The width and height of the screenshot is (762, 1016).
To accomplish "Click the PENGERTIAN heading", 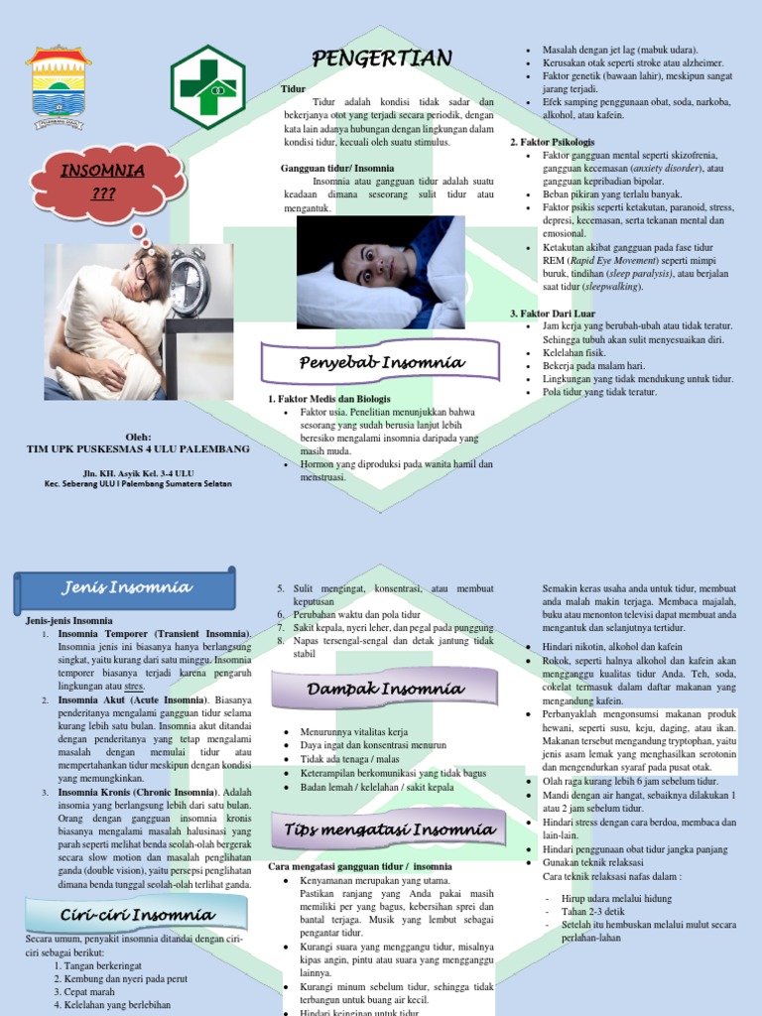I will pyautogui.click(x=382, y=59).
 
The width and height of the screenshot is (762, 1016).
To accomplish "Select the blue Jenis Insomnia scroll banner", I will pyautogui.click(x=125, y=587).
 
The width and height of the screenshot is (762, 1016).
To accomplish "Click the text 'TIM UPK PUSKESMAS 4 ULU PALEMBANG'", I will pyautogui.click(x=138, y=448).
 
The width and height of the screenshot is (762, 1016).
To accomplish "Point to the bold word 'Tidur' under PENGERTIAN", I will pyautogui.click(x=294, y=88).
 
